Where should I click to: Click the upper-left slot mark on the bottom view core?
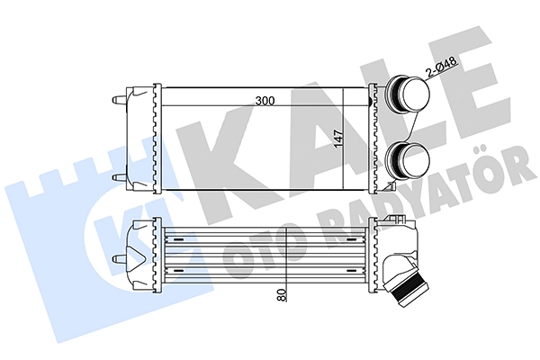click(178, 240)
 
